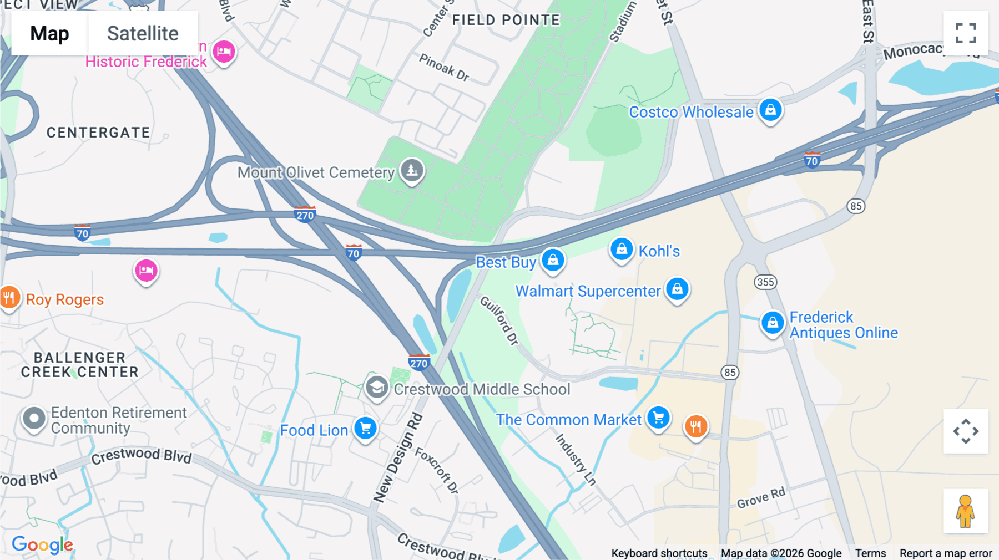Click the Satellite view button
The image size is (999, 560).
(143, 33)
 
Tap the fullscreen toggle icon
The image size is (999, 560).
(966, 33)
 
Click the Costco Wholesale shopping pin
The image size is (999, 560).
(770, 110)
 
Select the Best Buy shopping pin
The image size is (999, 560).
(553, 260)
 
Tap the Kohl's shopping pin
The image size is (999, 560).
(622, 250)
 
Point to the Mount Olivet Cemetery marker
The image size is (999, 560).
(412, 171)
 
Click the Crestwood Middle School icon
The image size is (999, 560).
(377, 388)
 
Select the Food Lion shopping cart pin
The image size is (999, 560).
(365, 429)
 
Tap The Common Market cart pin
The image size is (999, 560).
(658, 418)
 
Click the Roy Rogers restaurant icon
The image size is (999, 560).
(9, 298)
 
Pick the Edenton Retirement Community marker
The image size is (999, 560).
(34, 419)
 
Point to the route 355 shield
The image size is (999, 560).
(765, 282)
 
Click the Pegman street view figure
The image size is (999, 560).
(965, 511)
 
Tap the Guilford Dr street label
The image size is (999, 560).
(500, 320)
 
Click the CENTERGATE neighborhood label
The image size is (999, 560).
(98, 133)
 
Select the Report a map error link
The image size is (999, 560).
(945, 553)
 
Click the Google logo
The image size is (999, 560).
(43, 545)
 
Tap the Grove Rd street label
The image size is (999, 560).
(761, 498)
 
